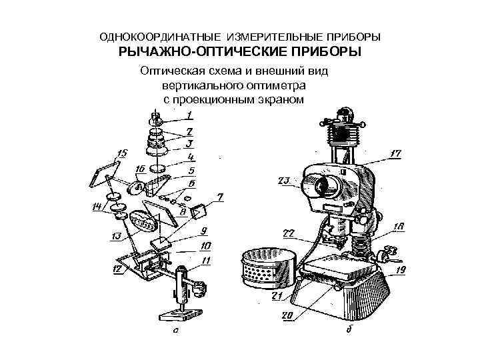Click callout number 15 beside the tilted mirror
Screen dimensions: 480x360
(122, 153)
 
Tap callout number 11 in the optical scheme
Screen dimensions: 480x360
(207, 259)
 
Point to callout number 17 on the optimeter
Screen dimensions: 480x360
(395, 154)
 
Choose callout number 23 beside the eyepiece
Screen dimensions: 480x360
(283, 181)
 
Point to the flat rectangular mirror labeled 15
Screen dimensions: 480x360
(105, 171)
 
